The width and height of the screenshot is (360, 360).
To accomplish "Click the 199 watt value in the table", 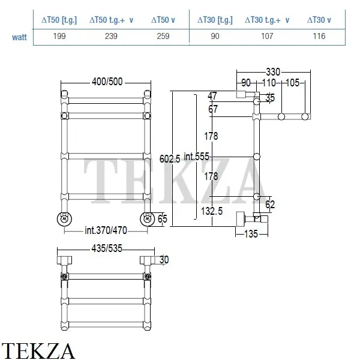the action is click(x=59, y=36).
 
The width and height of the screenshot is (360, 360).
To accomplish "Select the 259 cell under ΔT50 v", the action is click(x=163, y=36).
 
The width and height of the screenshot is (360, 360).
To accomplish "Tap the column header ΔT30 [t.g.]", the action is click(x=215, y=20).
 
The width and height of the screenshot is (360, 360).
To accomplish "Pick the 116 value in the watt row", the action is click(x=319, y=36).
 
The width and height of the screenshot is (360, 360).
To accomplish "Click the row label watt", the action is click(x=20, y=37).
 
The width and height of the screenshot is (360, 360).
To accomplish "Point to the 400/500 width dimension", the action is click(x=107, y=82).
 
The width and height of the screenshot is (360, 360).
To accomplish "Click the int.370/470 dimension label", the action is click(x=106, y=230).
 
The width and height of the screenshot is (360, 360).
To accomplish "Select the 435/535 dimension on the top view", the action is click(x=107, y=248).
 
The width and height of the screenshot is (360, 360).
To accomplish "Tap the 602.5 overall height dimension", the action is click(x=170, y=158).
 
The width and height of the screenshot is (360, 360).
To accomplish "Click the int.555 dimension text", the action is click(x=197, y=157).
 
